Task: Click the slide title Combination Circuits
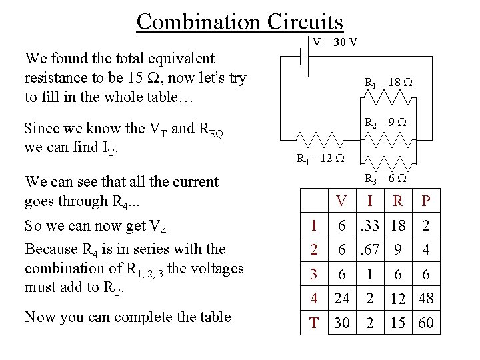point(239,21)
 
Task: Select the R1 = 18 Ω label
point(389,83)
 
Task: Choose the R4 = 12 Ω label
point(320,159)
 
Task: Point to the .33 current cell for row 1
point(369,226)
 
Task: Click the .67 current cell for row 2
point(369,250)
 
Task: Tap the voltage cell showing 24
point(341,298)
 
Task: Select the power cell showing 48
point(426,298)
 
